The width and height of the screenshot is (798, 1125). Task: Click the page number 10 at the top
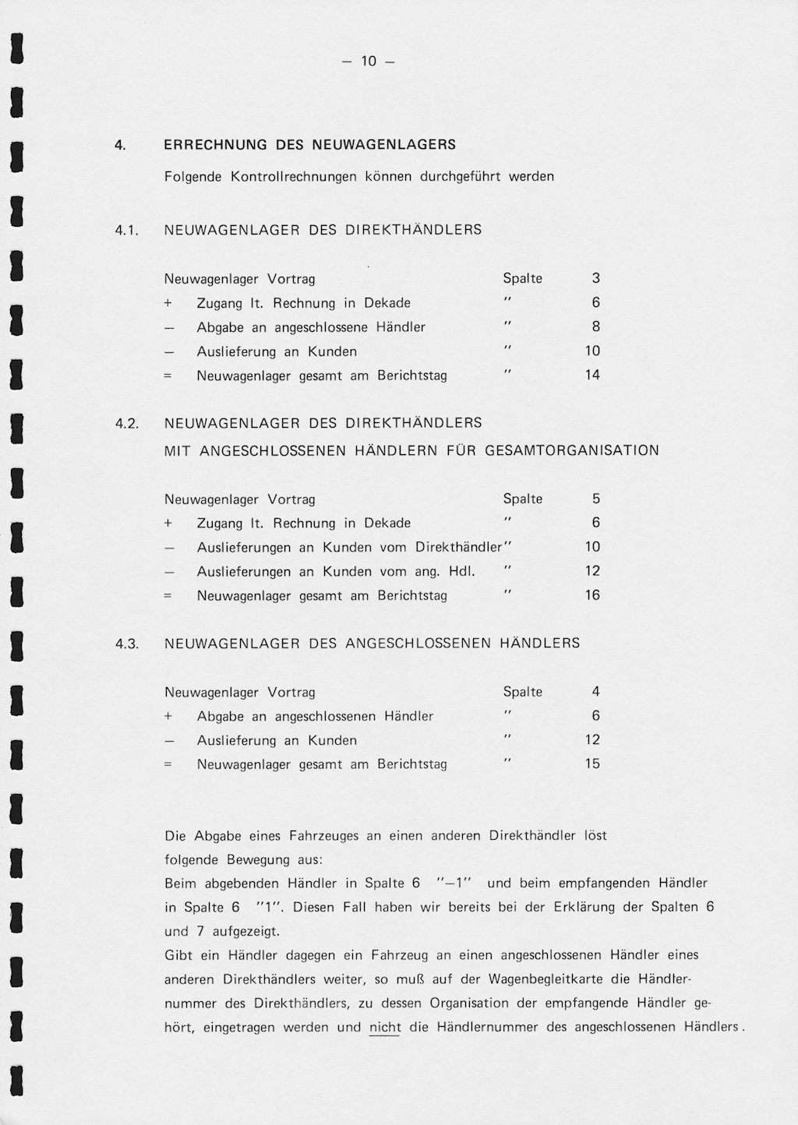point(369,62)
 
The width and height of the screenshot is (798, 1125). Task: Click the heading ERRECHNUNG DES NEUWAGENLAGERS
point(309,145)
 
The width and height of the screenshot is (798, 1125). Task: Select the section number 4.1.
point(126,231)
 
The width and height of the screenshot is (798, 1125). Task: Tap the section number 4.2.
point(126,424)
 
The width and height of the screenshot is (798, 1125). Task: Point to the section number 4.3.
point(126,644)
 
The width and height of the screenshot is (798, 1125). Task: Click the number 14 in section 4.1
point(592,376)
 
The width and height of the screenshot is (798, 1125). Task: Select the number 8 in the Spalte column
point(595,327)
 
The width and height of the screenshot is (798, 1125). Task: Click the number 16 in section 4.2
point(592,596)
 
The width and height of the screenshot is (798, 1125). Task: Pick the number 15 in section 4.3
point(592,764)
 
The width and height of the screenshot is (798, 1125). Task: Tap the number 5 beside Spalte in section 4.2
point(595,499)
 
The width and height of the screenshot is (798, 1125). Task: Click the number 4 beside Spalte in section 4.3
point(595,692)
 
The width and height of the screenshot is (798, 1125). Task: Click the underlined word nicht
point(385,1028)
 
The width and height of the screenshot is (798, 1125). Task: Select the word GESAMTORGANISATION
point(572,451)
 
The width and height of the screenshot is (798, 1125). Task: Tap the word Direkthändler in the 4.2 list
point(458,548)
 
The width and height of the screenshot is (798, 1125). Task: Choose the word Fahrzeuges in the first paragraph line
point(324,837)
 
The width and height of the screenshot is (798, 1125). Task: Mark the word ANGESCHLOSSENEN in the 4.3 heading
point(418,644)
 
